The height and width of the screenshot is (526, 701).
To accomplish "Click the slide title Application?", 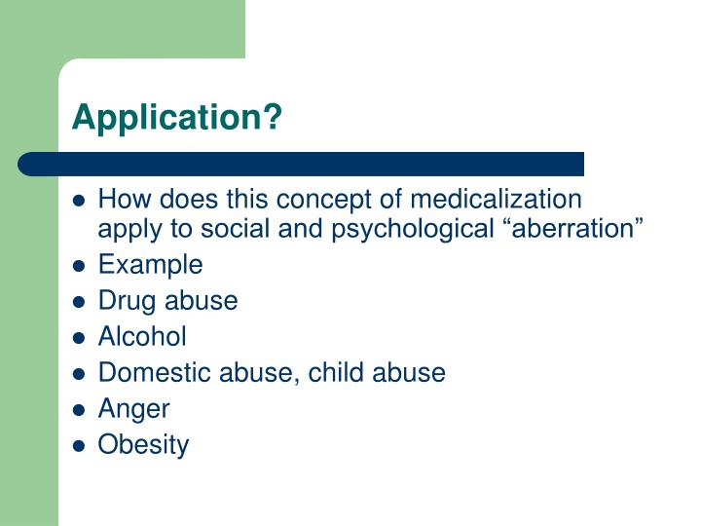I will click(x=177, y=117).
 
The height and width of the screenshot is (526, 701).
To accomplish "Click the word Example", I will click(x=151, y=264).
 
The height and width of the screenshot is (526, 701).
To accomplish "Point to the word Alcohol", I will click(x=142, y=336).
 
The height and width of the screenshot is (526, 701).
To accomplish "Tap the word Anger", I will click(x=133, y=409).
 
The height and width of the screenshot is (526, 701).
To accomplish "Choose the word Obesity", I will click(x=143, y=445).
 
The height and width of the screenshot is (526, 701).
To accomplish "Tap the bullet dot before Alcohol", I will click(x=81, y=337).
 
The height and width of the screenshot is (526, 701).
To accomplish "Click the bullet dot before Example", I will click(x=81, y=265).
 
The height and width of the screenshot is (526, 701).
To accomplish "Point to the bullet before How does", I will click(x=81, y=201).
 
